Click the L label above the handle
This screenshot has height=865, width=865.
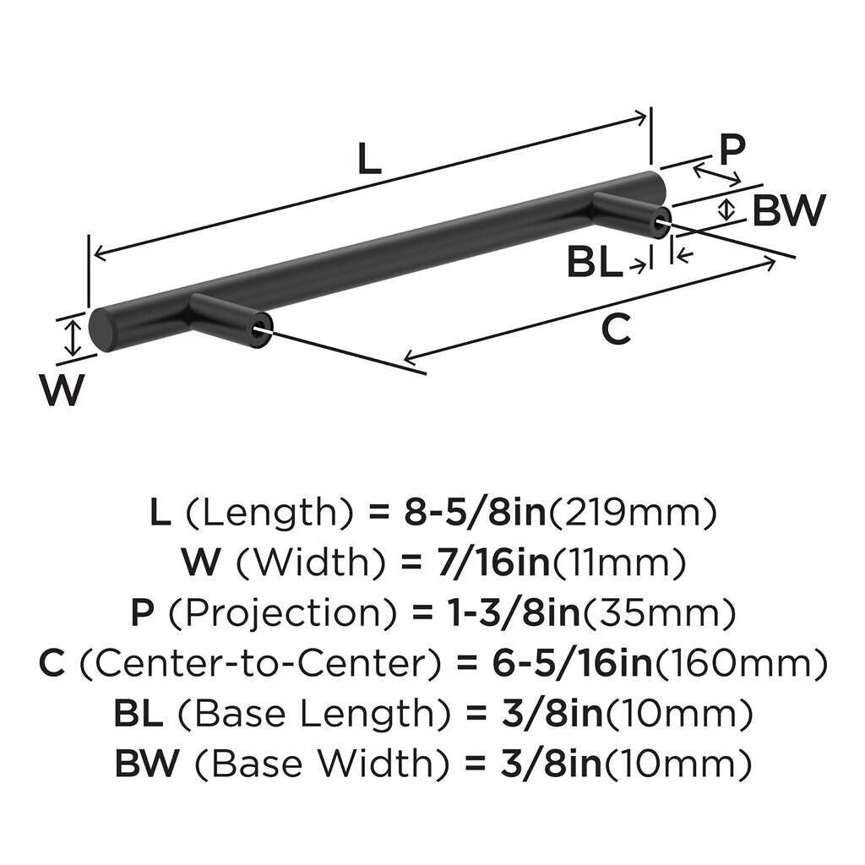point(369,158)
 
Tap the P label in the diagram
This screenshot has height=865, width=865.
point(732,150)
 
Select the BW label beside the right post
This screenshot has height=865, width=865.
point(789,210)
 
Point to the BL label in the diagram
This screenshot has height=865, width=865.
point(595,264)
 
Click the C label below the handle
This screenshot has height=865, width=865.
point(616,329)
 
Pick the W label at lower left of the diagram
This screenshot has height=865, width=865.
point(62,390)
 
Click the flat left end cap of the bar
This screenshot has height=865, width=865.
point(101,330)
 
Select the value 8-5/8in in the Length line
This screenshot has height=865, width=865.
point(475,513)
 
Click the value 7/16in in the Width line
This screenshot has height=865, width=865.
point(493,563)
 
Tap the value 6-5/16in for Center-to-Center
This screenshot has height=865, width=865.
point(573,663)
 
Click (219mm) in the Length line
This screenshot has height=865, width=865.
point(631,514)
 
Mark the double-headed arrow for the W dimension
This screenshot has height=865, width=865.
point(73,338)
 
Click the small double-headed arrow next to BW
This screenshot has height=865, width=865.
point(728,209)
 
